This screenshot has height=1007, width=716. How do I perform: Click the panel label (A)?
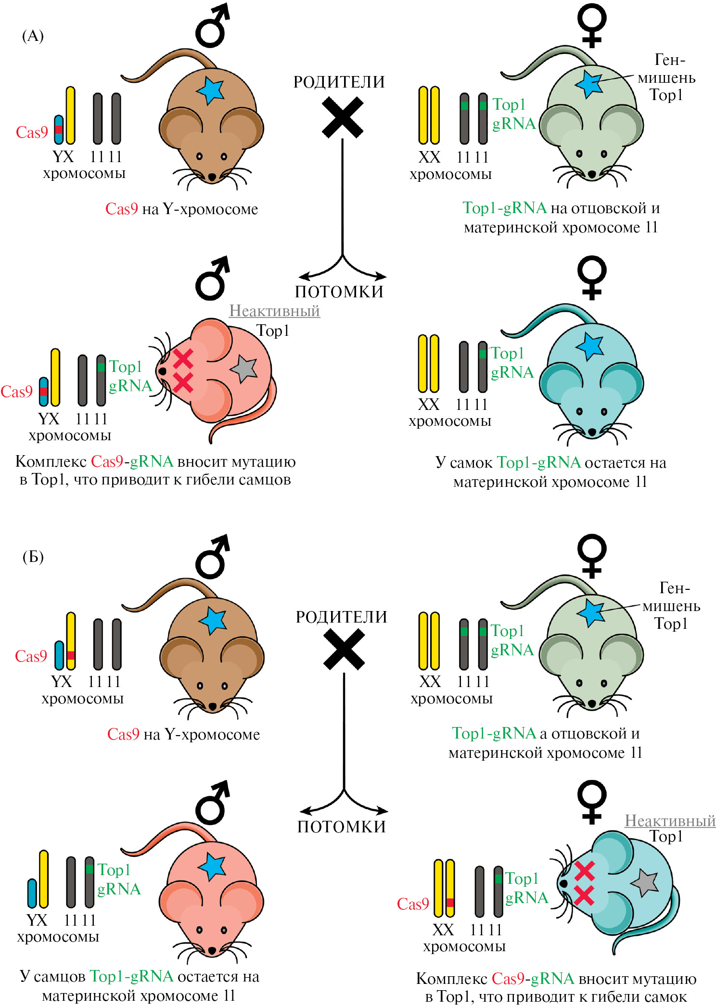pyautogui.click(x=33, y=36)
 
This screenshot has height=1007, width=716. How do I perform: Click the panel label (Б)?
pyautogui.click(x=33, y=557)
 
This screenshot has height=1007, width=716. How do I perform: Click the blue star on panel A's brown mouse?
pyautogui.click(x=211, y=90)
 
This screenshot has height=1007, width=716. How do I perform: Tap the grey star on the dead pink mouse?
pyautogui.click(x=244, y=369)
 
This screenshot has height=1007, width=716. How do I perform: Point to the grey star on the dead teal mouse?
pyautogui.click(x=645, y=883)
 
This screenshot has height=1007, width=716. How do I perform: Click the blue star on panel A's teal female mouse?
pyautogui.click(x=590, y=346)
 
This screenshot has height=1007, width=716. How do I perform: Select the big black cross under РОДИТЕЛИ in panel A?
pyautogui.click(x=342, y=117)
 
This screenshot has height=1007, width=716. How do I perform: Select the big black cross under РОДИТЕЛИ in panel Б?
pyautogui.click(x=344, y=649)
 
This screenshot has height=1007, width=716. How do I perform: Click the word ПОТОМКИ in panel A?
pyautogui.click(x=339, y=292)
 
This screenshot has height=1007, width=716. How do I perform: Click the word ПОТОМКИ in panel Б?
pyautogui.click(x=342, y=827)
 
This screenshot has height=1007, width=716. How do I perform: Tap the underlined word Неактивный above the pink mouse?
pyautogui.click(x=274, y=311)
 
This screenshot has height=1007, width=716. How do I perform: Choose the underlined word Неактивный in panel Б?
pyautogui.click(x=670, y=821)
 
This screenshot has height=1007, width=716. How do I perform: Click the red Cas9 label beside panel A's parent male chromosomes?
pyautogui.click(x=32, y=132)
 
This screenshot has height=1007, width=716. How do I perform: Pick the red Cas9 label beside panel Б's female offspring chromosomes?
pyautogui.click(x=412, y=904)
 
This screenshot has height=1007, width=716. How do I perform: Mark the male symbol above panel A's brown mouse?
pyautogui.click(x=212, y=26)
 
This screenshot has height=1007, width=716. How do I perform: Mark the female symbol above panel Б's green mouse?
pyautogui.click(x=592, y=555)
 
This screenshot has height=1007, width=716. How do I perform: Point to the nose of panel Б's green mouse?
pyautogui.click(x=592, y=703)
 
